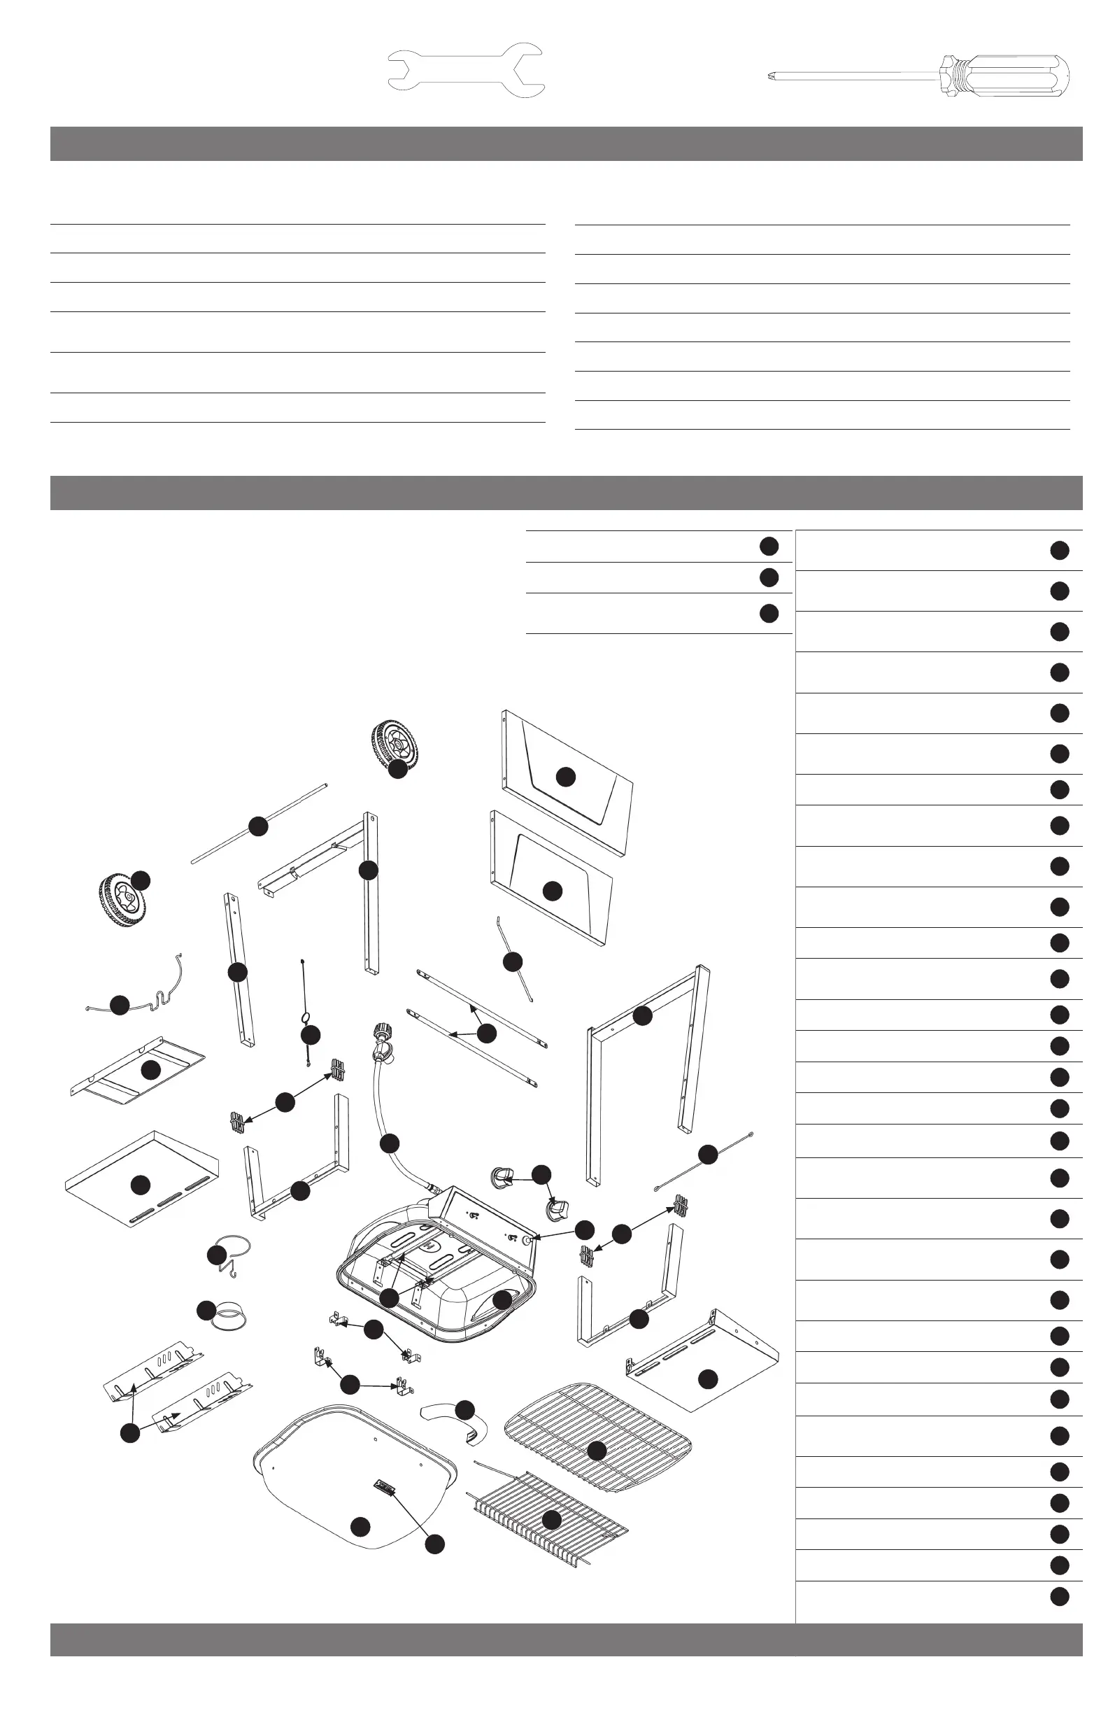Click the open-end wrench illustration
pyautogui.click(x=464, y=71)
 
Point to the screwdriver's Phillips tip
pyautogui.click(x=774, y=74)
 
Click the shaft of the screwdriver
pyautogui.click(x=856, y=74)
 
